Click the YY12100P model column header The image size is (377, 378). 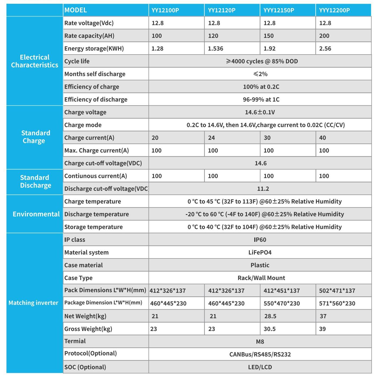[165, 10]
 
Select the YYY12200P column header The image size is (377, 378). [334, 10]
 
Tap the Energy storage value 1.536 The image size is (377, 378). [215, 49]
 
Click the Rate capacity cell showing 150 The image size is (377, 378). [269, 36]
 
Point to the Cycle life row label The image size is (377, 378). [77, 61]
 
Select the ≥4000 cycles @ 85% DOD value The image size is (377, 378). [262, 61]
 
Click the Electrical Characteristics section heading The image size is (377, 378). [35, 61]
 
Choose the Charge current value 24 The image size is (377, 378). [211, 138]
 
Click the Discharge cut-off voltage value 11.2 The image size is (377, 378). [263, 189]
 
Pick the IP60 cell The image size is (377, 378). [260, 240]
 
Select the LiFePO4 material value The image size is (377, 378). [260, 253]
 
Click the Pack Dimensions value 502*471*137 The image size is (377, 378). [337, 291]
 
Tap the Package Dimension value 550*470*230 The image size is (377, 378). [282, 304]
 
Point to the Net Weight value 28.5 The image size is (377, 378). [270, 316]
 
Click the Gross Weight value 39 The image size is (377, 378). [322, 329]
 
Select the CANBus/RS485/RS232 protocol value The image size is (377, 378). [260, 354]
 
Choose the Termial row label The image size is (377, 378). [75, 341]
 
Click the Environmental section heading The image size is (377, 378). [36, 214]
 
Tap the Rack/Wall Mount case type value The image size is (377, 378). [261, 278]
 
